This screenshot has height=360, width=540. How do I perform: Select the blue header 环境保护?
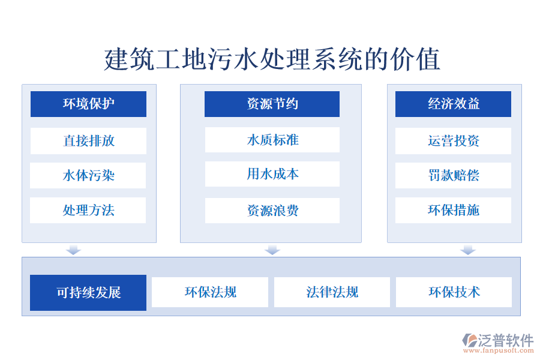click(x=88, y=104)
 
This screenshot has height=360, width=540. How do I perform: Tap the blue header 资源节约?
click(x=272, y=104)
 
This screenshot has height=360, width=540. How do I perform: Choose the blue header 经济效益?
click(x=453, y=104)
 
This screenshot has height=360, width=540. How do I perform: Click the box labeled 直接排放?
click(x=88, y=141)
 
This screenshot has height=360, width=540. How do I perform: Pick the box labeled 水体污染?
click(x=88, y=176)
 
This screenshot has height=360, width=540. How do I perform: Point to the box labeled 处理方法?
click(x=88, y=211)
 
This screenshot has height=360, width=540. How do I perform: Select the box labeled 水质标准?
click(x=272, y=140)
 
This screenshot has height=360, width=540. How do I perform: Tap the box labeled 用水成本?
click(x=272, y=175)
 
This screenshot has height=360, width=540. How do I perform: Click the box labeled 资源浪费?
click(x=272, y=211)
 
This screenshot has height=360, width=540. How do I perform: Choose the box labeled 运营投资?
click(x=453, y=141)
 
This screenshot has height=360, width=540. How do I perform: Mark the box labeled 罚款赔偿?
click(x=453, y=176)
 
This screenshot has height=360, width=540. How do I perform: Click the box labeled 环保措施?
click(x=453, y=211)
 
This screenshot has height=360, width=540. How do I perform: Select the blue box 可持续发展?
click(x=88, y=293)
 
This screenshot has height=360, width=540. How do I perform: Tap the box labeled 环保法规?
click(x=210, y=292)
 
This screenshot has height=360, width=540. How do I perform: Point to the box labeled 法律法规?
click(x=332, y=292)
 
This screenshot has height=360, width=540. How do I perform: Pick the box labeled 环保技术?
click(x=454, y=292)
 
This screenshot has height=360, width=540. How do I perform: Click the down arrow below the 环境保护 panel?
click(x=73, y=250)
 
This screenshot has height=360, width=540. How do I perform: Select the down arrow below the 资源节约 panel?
click(x=272, y=250)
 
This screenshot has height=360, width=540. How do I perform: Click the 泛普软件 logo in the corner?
click(x=497, y=343)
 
